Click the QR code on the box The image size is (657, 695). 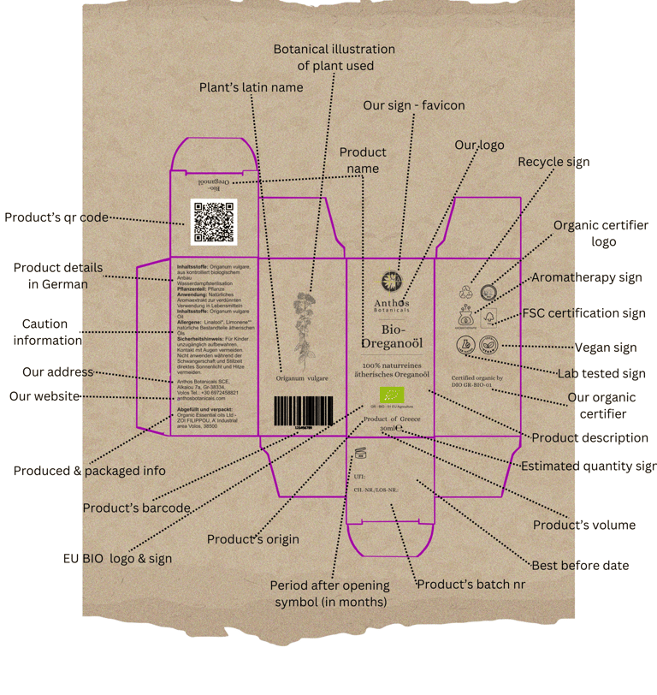pos(214,222)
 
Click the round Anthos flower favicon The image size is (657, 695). pos(391,281)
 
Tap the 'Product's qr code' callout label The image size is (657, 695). pos(56,217)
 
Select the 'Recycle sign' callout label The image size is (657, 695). pos(553,162)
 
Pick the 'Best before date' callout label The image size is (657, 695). pos(580,565)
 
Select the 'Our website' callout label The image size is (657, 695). pos(44,396)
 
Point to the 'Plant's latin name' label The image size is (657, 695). pos(251,87)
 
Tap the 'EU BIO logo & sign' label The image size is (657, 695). pos(117,558)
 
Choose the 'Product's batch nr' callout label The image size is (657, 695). pos(471,585)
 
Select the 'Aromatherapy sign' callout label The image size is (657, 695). pos(587,277)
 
